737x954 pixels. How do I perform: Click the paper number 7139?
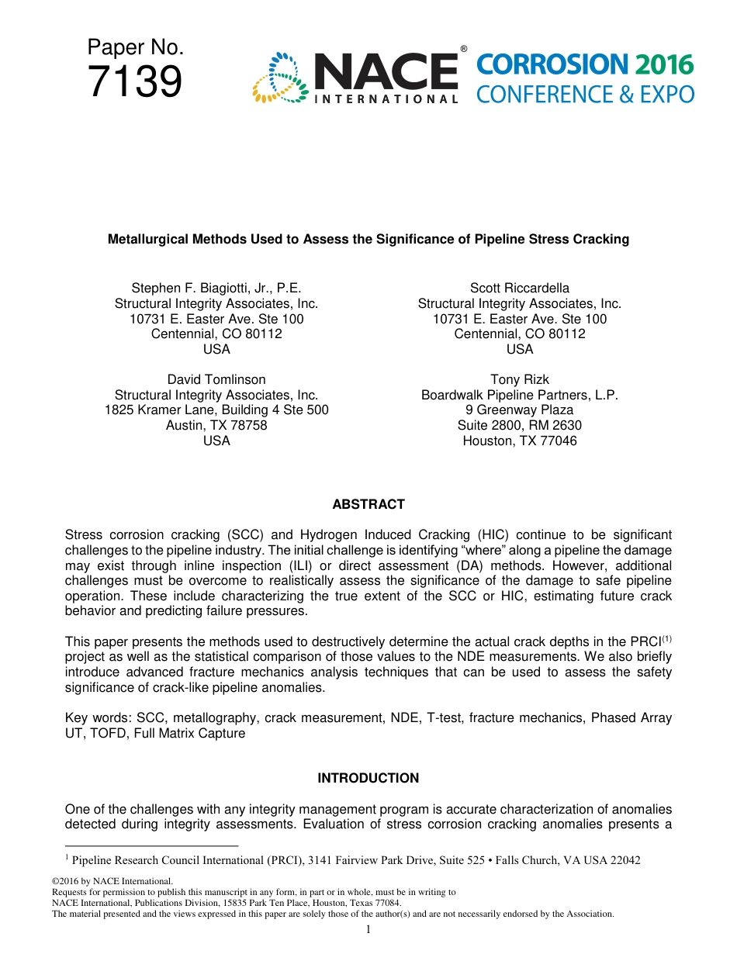pyautogui.click(x=135, y=81)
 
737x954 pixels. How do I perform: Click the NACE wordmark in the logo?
pyautogui.click(x=386, y=72)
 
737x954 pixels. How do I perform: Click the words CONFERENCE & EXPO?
pyautogui.click(x=585, y=95)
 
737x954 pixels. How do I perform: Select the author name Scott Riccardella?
pyautogui.click(x=520, y=288)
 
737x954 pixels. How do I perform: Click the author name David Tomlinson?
pyautogui.click(x=216, y=379)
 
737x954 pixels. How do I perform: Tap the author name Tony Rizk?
pyautogui.click(x=520, y=379)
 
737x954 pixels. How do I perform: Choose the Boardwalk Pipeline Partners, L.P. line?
pyautogui.click(x=520, y=395)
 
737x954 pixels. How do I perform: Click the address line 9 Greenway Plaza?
pyautogui.click(x=520, y=410)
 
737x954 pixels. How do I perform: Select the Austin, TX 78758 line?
pyautogui.click(x=216, y=425)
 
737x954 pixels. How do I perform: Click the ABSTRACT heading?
pyautogui.click(x=368, y=504)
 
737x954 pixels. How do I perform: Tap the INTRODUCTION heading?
pyautogui.click(x=368, y=778)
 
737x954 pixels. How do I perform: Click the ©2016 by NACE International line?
pyautogui.click(x=112, y=881)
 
